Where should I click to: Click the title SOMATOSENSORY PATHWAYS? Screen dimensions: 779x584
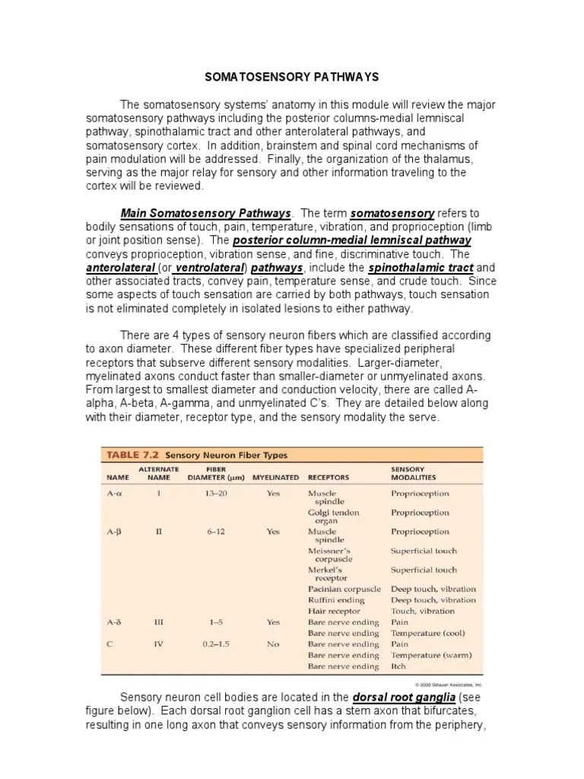click(x=292, y=77)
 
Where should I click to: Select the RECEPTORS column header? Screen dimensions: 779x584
click(x=328, y=478)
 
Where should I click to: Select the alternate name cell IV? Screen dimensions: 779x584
click(x=159, y=644)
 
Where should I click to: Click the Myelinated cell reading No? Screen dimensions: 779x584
click(x=273, y=644)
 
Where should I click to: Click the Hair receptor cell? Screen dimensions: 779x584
click(x=334, y=611)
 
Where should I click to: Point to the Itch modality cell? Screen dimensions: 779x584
click(x=398, y=666)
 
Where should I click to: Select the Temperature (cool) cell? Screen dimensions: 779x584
click(x=427, y=633)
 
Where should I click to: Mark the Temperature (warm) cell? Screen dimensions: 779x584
click(x=430, y=655)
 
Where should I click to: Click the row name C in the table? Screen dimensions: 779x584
click(x=110, y=644)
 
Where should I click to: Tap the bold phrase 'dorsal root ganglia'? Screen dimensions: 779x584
click(x=405, y=697)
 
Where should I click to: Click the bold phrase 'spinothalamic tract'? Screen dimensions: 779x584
click(x=421, y=268)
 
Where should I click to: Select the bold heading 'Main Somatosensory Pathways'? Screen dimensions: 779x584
click(x=206, y=213)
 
